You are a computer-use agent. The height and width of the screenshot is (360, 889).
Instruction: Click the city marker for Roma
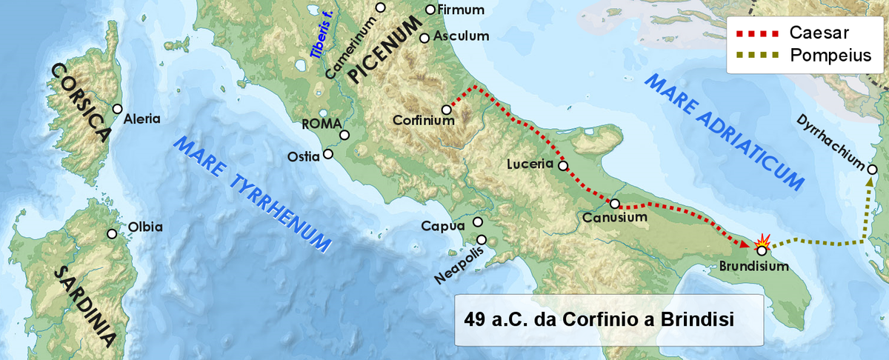point(344,136)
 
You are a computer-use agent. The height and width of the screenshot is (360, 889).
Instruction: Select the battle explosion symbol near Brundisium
point(762,239)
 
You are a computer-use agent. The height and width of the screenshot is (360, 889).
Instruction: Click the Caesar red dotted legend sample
point(757,33)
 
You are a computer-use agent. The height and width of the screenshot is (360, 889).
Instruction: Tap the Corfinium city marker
point(447,110)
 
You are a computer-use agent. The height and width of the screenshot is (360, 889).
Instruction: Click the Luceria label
point(531,164)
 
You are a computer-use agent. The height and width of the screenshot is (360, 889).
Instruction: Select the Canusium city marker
point(614,203)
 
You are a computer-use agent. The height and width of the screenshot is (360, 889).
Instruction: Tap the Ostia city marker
point(329,156)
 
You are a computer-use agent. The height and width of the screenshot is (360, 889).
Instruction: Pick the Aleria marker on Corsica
point(117,108)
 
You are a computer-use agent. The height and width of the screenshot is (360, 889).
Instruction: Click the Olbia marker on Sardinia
point(112,234)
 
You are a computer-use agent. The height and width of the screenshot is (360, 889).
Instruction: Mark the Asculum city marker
point(424,38)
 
